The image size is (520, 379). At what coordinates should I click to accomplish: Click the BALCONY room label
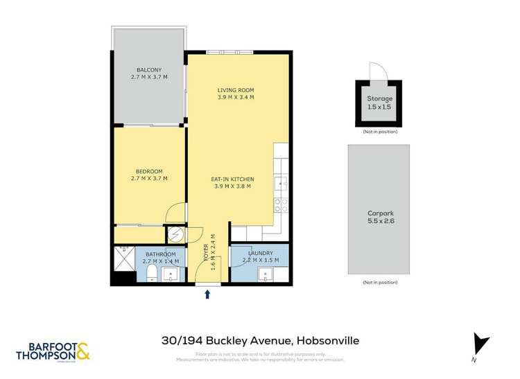[x=149, y=70]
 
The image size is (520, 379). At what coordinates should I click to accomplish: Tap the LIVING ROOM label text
[x=236, y=90]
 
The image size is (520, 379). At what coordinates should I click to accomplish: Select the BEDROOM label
[x=149, y=172]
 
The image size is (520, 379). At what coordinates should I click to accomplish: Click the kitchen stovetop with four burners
[x=281, y=205]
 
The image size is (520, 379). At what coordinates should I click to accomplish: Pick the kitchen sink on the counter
[x=281, y=183]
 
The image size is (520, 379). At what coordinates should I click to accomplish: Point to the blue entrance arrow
[x=207, y=295]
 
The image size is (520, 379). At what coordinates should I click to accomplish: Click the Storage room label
[x=379, y=99]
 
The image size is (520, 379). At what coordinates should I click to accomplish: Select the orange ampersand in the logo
[x=82, y=352]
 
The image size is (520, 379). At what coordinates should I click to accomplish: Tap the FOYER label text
[x=206, y=253]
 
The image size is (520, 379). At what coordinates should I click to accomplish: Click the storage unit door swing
[x=376, y=72]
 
